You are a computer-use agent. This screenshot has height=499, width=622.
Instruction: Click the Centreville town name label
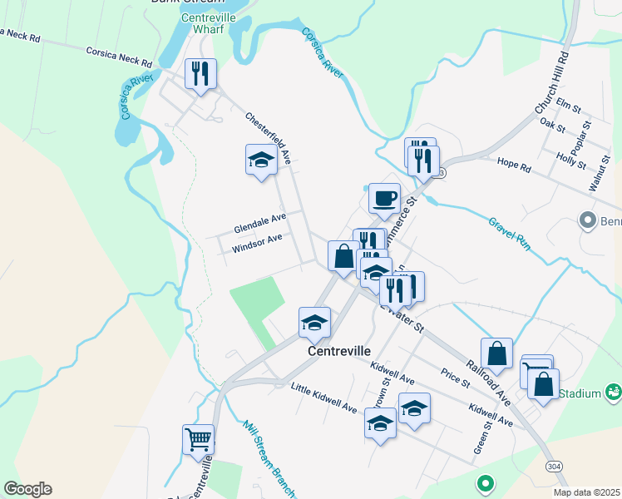[338, 351]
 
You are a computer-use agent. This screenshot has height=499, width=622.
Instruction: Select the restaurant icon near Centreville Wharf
[200, 74]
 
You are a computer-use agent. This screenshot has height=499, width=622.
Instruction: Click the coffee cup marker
[384, 199]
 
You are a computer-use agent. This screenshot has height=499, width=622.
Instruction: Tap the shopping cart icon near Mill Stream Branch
[198, 438]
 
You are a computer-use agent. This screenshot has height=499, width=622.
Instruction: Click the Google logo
[27, 489]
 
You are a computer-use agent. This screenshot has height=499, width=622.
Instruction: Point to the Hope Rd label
[513, 166]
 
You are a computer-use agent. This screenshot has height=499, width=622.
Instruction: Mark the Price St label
[455, 378]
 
